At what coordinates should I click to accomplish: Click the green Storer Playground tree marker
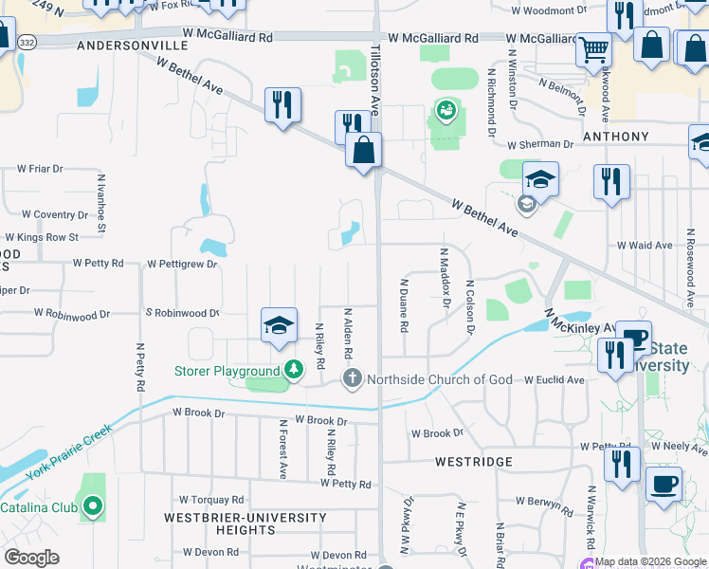click(294, 370)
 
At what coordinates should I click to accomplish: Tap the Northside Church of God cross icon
click(353, 380)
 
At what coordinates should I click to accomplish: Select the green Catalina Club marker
click(92, 507)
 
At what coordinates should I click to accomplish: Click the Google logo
click(31, 558)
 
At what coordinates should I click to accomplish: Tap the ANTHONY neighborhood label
click(616, 137)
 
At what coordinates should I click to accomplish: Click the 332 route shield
click(27, 43)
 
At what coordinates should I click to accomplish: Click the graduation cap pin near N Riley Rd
click(280, 325)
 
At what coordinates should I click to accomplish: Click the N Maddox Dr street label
click(443, 278)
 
